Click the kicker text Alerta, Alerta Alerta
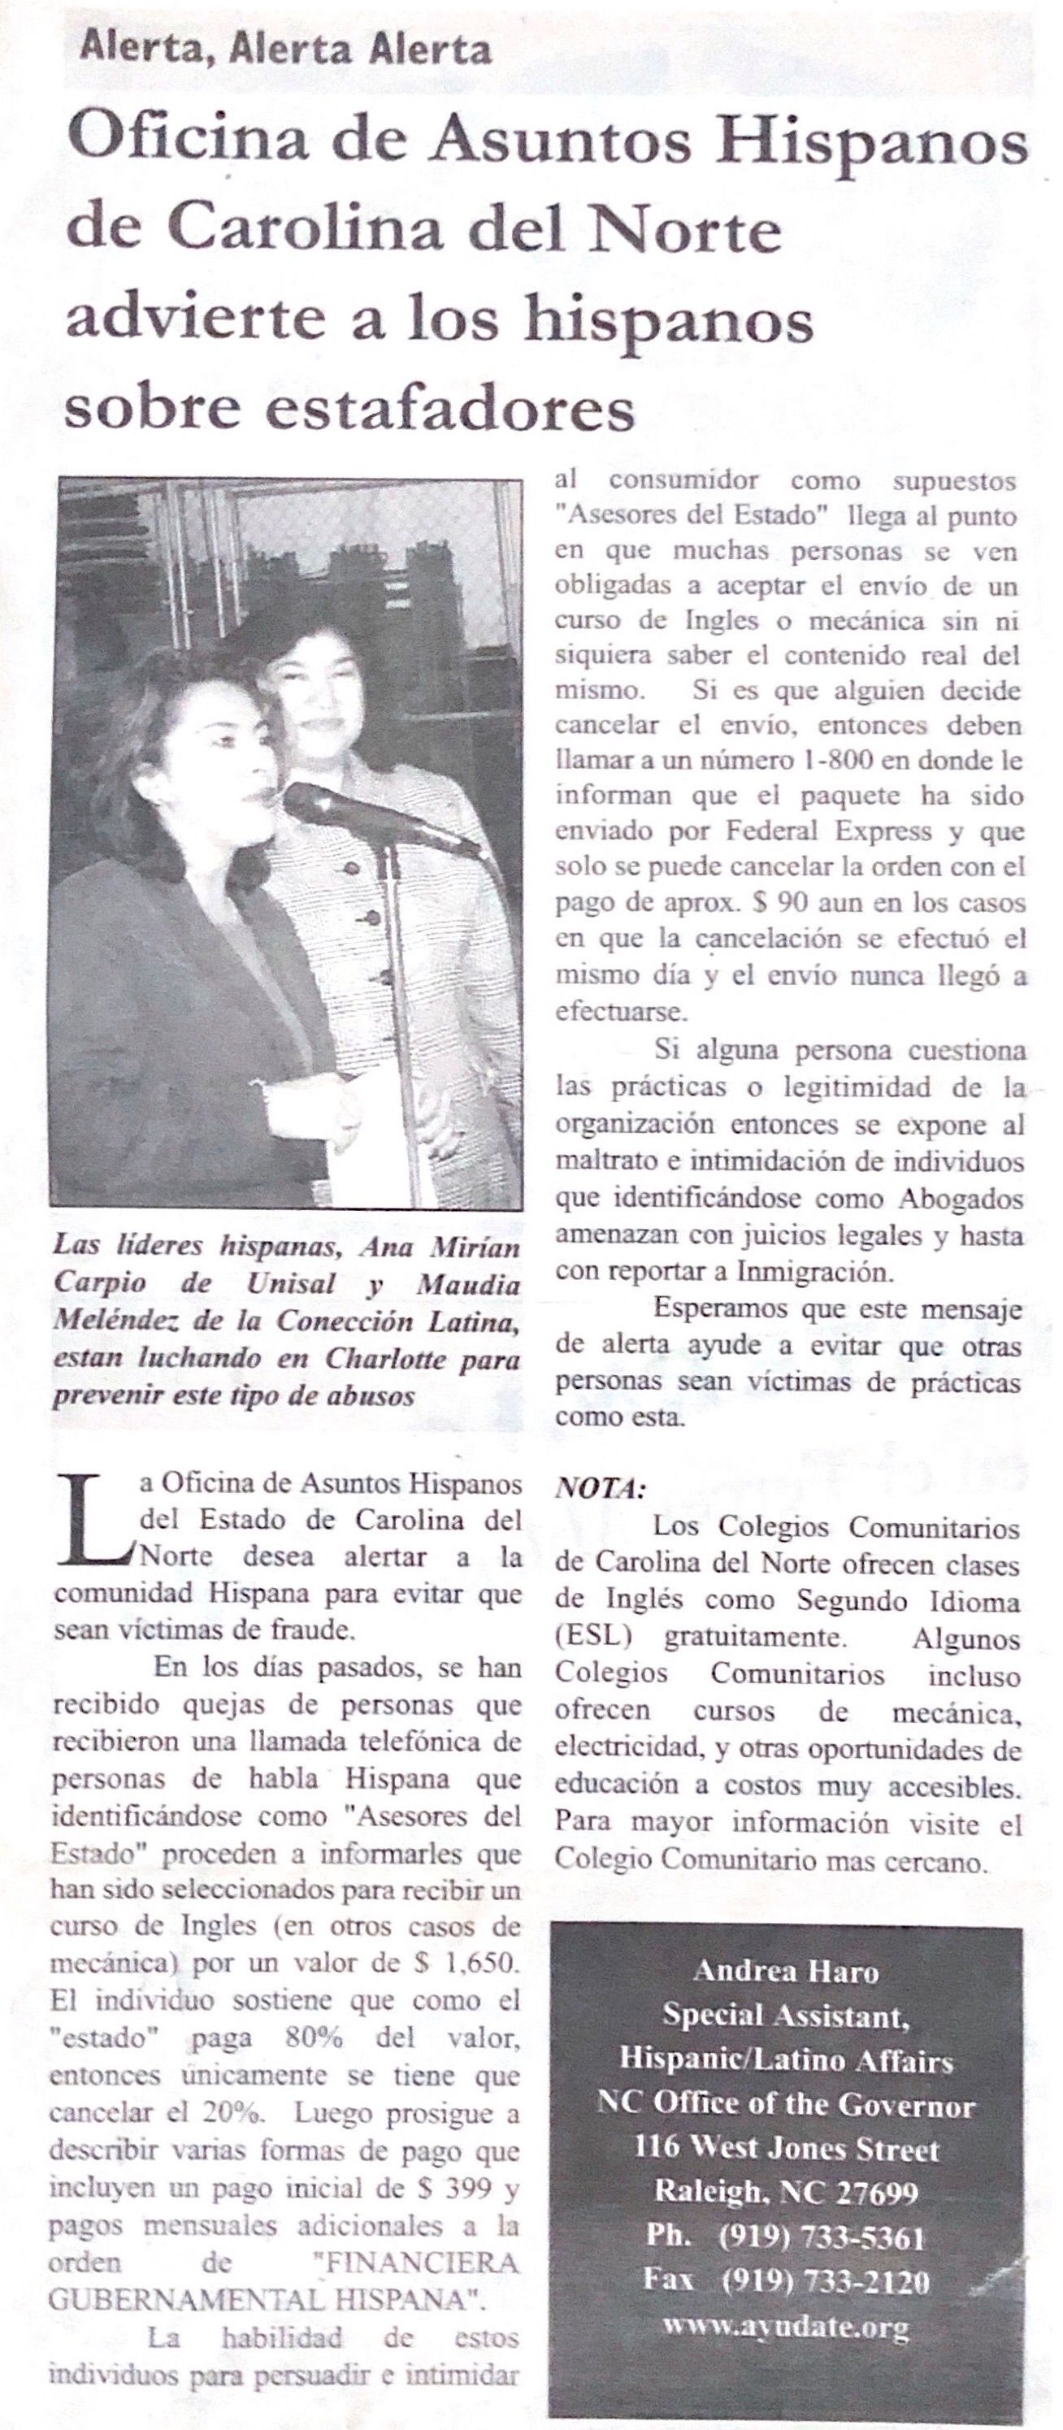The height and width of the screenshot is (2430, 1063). (285, 47)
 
